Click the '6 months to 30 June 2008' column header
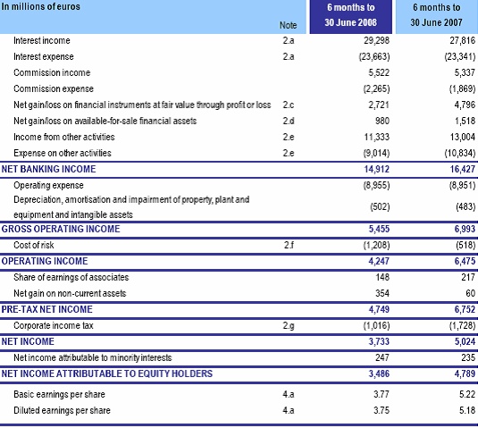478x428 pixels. pyautogui.click(x=350, y=15)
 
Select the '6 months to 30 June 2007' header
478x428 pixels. pyautogui.click(x=437, y=15)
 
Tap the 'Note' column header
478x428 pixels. pyautogui.click(x=288, y=25)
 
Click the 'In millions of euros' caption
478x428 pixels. pyautogui.click(x=40, y=6)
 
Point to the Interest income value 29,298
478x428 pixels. pyautogui.click(x=376, y=40)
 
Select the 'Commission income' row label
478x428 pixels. pyautogui.click(x=52, y=72)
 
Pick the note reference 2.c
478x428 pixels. pyautogui.click(x=289, y=105)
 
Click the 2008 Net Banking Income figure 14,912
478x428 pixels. pyautogui.click(x=376, y=169)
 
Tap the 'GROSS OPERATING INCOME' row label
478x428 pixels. pyautogui.click(x=61, y=229)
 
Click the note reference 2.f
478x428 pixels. pyautogui.click(x=289, y=245)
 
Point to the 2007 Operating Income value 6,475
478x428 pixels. pyautogui.click(x=465, y=261)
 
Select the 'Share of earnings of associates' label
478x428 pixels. pyautogui.click(x=71, y=277)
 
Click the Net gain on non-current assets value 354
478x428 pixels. pyautogui.click(x=382, y=293)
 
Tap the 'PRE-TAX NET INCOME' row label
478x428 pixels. pyautogui.click(x=46, y=309)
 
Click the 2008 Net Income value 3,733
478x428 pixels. pyautogui.click(x=379, y=341)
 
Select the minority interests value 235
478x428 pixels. pyautogui.click(x=468, y=357)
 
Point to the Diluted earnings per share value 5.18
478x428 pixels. pyautogui.click(x=467, y=410)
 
